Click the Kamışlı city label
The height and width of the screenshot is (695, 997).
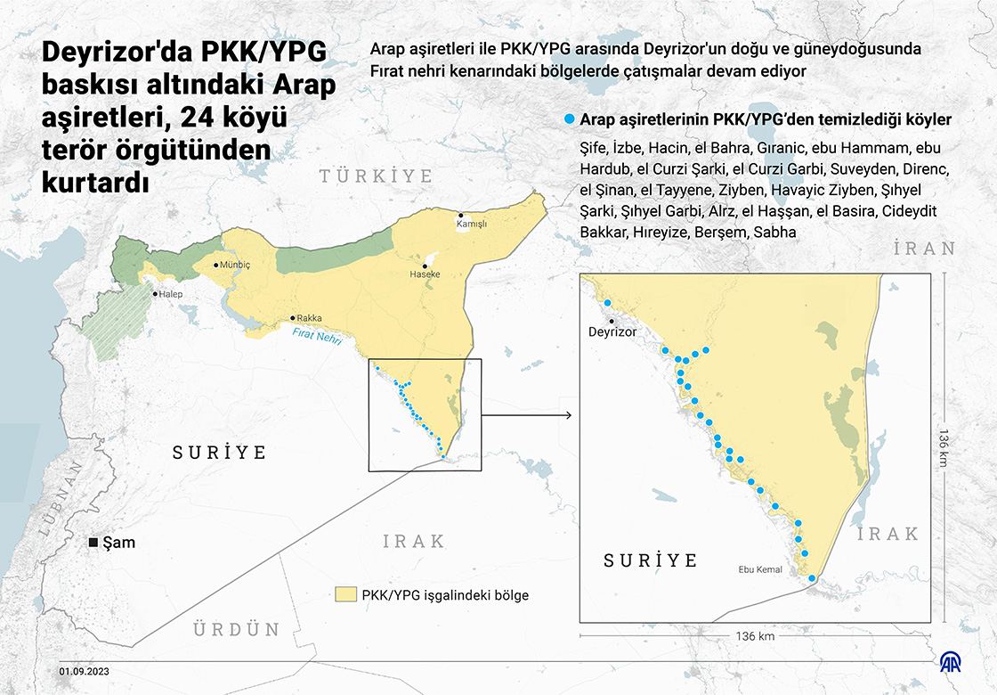(x=472, y=225)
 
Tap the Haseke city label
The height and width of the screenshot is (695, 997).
(x=425, y=275)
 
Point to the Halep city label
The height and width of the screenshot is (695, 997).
(x=169, y=294)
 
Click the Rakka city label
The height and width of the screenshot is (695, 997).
(x=309, y=318)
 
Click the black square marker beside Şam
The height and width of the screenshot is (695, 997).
(x=93, y=543)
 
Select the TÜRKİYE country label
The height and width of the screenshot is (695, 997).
(x=377, y=176)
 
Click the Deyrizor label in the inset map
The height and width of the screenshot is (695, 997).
(x=613, y=331)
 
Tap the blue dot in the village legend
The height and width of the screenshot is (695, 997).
(x=569, y=119)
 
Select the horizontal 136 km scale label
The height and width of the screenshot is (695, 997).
(x=755, y=636)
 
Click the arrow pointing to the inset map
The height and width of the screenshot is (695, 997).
(x=525, y=415)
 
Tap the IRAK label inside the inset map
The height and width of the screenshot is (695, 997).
(x=888, y=534)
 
